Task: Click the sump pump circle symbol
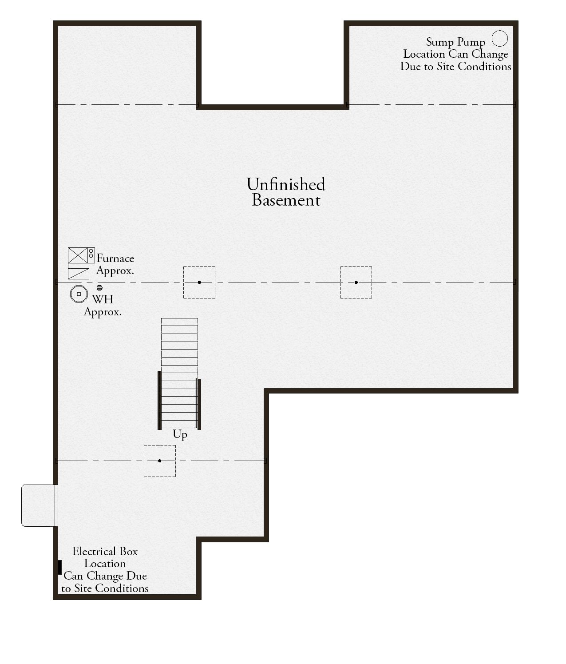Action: [x=499, y=39]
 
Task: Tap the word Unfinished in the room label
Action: [x=286, y=184]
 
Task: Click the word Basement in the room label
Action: [x=286, y=200]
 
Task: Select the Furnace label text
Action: [x=115, y=258]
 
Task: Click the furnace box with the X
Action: [x=78, y=255]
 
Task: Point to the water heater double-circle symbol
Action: [x=79, y=294]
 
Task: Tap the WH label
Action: [x=103, y=299]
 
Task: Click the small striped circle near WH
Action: [x=99, y=287]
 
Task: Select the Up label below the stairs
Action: [x=180, y=435]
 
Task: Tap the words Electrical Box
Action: [x=105, y=552]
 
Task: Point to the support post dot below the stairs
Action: [x=159, y=461]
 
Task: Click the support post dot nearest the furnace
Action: [x=199, y=282]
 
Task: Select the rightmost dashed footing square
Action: [x=356, y=282]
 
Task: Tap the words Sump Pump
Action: [x=455, y=42]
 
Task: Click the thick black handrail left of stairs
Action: [x=159, y=400]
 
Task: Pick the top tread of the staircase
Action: [x=179, y=322]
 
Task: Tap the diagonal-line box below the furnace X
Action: [x=78, y=271]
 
